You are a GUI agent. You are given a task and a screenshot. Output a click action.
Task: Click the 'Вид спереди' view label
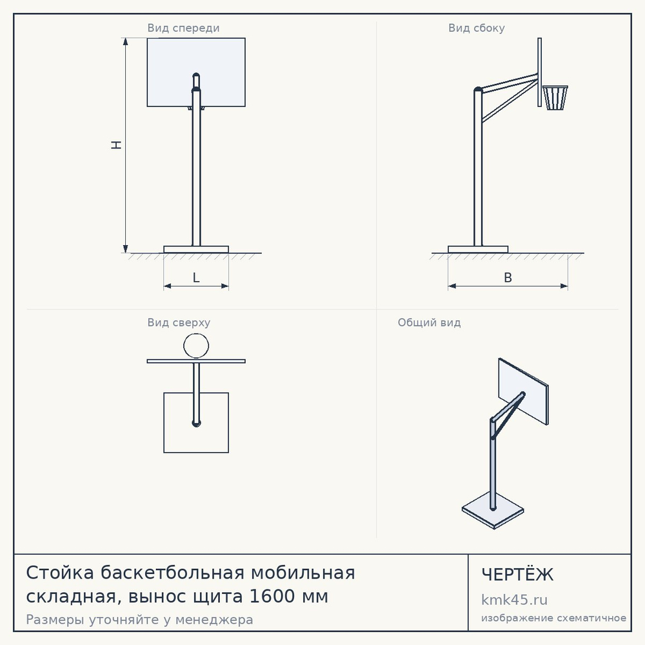click(x=183, y=28)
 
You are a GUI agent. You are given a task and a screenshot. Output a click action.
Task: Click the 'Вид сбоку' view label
click(x=477, y=28)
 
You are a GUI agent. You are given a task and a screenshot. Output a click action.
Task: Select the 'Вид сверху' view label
click(x=179, y=322)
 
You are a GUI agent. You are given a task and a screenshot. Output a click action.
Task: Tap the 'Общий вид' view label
click(x=429, y=322)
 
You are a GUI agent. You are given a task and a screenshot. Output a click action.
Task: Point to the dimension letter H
click(x=117, y=144)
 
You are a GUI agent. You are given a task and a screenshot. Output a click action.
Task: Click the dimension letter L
click(x=196, y=277)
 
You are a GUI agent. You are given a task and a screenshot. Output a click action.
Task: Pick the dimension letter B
click(x=508, y=277)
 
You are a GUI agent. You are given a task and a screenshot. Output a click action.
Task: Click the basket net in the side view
click(x=555, y=98)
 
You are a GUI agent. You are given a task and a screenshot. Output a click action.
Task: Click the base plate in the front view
click(x=196, y=249)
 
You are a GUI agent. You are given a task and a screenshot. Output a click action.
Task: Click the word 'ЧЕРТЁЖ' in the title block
click(x=517, y=575)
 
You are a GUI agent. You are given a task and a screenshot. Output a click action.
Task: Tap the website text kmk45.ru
click(x=514, y=600)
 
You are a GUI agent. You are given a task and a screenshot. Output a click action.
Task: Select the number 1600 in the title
click(x=272, y=596)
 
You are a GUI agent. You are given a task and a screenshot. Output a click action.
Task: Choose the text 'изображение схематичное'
click(x=553, y=618)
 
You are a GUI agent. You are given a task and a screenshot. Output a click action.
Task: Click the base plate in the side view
click(x=478, y=249)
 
